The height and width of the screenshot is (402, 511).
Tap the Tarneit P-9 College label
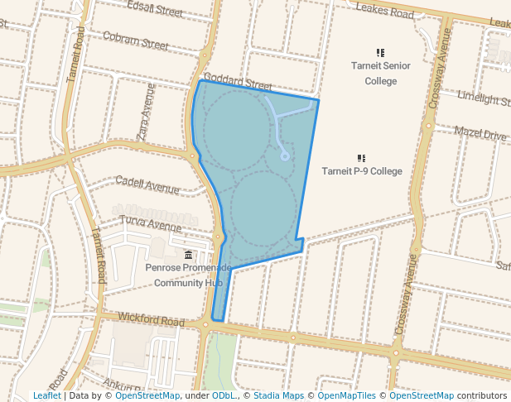coord(361,171)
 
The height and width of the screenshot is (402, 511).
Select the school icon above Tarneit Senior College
coord(380,53)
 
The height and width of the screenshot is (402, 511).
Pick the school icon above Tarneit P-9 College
coord(361,157)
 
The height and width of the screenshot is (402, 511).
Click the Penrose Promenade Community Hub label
coord(189,275)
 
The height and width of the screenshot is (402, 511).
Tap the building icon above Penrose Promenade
coord(189,254)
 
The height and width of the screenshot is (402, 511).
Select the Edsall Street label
coord(155,10)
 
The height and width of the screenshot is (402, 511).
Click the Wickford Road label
coord(151,319)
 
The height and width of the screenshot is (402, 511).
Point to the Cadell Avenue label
coord(147,184)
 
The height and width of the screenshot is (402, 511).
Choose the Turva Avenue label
coord(150,223)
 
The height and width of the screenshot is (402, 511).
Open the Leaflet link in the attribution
coord(46,395)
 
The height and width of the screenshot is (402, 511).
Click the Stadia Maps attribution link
coord(278,395)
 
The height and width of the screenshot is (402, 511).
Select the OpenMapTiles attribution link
coord(349,395)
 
